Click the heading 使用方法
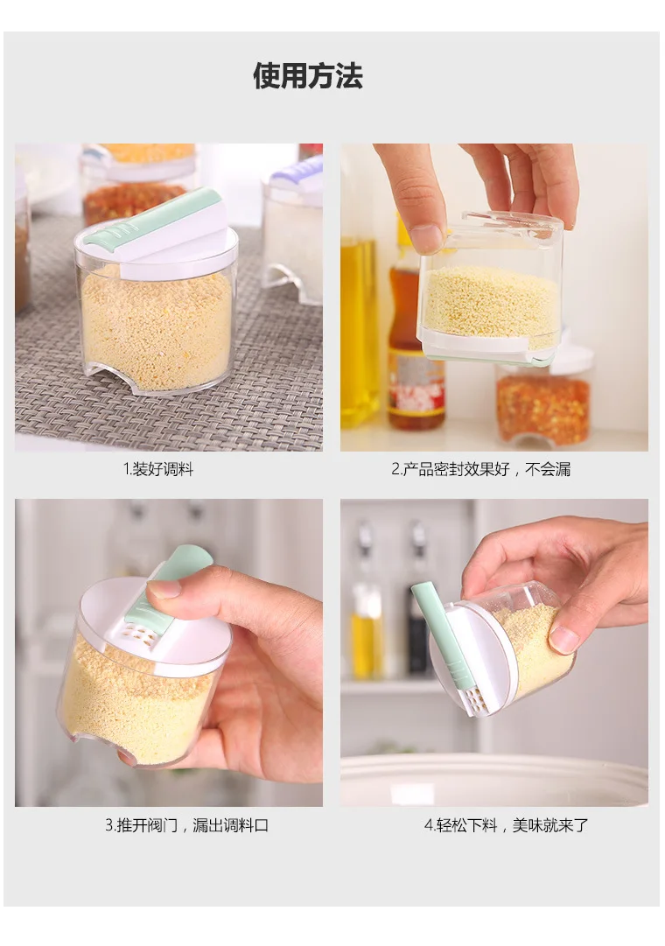pos(308,76)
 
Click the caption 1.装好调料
pos(158,469)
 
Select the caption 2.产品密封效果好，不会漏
pos(481,469)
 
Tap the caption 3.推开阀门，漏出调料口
pos(187,824)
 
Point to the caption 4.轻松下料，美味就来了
pos(506,824)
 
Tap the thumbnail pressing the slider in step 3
pos(164,589)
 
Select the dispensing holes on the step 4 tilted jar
pos(473,699)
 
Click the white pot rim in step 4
pos(494,778)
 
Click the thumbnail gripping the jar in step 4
pos(563,639)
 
